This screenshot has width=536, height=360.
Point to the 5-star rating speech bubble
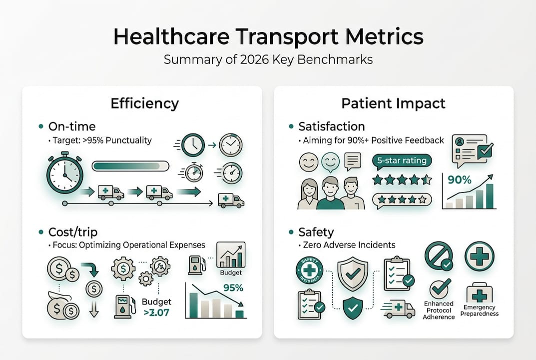click(402, 161)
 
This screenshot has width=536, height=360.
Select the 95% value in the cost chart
click(233, 288)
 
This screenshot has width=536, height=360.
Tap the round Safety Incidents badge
click(310, 270)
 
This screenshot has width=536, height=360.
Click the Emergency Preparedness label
click(479, 310)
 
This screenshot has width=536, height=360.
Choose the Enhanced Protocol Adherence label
click(439, 310)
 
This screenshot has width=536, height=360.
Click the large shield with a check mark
click(353, 273)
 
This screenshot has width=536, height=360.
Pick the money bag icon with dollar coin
click(63, 305)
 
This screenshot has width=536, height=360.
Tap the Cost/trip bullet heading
click(72, 232)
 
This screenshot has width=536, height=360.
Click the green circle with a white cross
click(479, 257)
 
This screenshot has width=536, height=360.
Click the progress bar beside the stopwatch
click(131, 166)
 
